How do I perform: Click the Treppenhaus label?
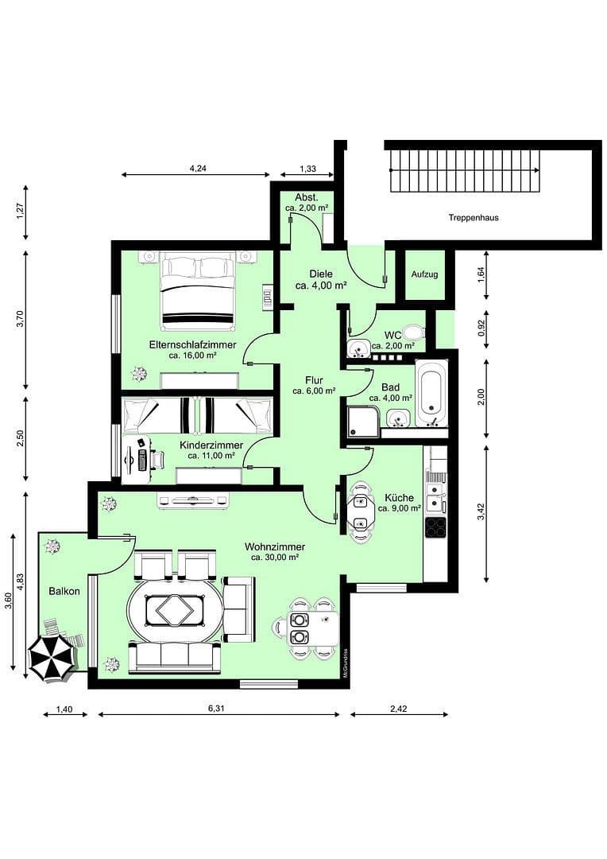(473, 217)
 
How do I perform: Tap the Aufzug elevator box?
(424, 274)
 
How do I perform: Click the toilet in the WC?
(412, 333)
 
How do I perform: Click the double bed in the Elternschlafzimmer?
(198, 291)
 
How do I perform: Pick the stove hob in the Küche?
(435, 527)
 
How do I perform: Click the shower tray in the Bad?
(362, 422)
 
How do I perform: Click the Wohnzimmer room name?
(275, 547)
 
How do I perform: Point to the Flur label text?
(313, 380)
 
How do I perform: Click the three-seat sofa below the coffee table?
(175, 657)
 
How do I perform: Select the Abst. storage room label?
(307, 197)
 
